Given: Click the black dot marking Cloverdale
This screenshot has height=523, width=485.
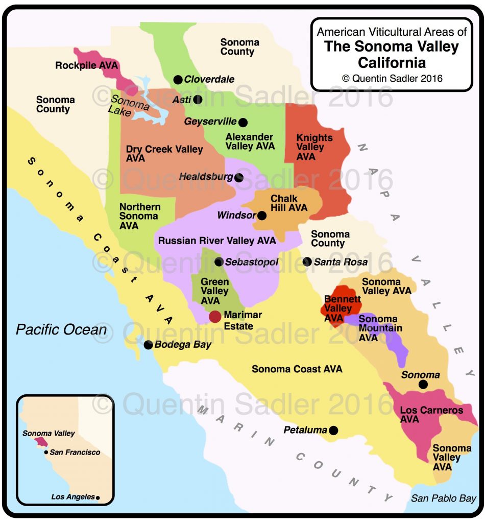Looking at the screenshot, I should tap(178, 79).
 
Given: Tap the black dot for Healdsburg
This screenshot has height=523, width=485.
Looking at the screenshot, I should tap(239, 177).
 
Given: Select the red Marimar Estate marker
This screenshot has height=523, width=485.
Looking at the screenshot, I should tap(215, 317).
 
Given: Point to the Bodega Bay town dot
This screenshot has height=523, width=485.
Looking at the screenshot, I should tap(148, 345).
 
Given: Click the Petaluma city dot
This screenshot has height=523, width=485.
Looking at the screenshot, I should tap(333, 431).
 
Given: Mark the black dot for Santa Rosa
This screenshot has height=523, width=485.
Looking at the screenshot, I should tap(307, 261).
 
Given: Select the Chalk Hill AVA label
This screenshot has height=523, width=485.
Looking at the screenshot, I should tap(289, 203).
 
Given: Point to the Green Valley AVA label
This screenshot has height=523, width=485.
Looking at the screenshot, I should tap(214, 291).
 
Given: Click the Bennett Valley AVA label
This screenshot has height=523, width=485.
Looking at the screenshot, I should tap(338, 308).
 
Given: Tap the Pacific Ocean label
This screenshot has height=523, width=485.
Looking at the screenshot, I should tap(61, 329).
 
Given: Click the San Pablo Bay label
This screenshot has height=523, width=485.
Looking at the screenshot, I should tap(444, 498).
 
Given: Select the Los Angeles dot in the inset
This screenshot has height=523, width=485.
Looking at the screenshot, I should tap(98, 497).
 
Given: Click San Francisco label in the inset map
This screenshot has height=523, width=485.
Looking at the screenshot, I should tap(75, 453).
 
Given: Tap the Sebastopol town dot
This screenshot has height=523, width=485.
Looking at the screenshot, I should tap(219, 262).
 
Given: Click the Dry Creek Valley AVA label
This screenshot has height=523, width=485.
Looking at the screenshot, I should tap(164, 154).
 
